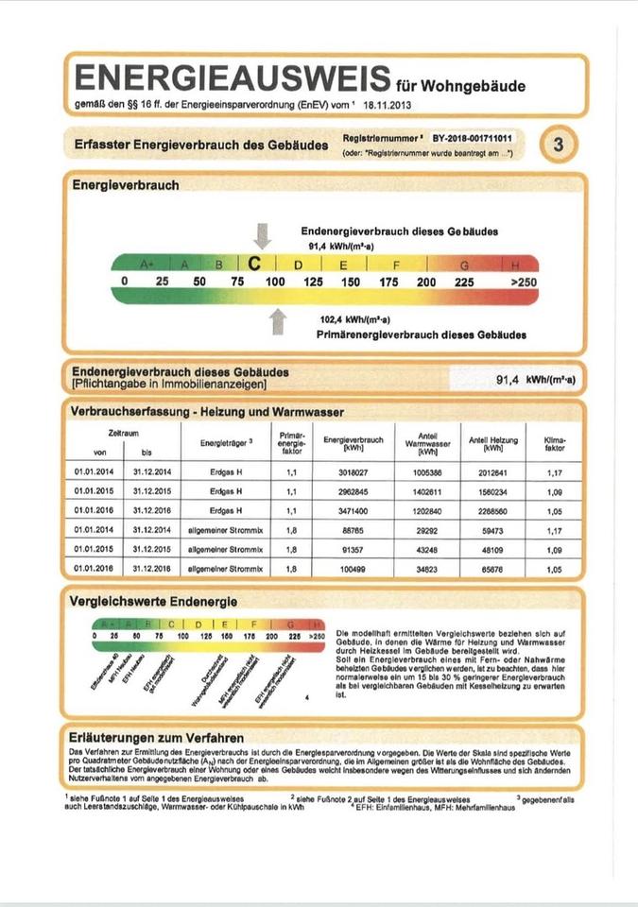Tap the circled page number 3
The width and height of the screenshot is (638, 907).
point(558,145)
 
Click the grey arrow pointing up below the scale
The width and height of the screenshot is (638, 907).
point(277,321)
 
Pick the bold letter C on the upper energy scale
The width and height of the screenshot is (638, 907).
point(254,264)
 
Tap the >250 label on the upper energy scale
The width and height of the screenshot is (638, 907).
point(523,282)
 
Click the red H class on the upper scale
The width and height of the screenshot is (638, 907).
point(515,265)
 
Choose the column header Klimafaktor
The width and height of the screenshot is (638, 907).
point(555,443)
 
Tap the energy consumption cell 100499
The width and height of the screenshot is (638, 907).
point(353,570)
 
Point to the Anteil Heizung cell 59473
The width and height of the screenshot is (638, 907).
point(492,530)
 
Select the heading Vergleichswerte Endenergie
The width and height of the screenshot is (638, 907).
point(152,601)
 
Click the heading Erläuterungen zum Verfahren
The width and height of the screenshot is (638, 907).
point(157,737)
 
